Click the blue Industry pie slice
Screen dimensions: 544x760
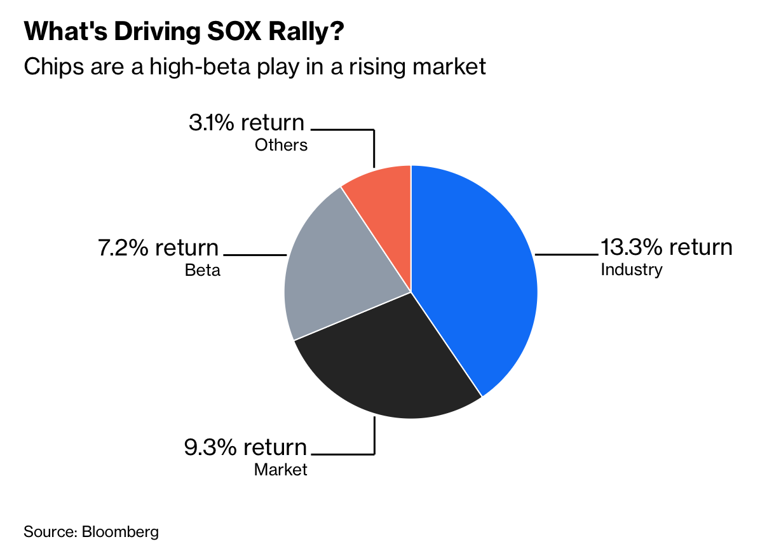click(x=477, y=273)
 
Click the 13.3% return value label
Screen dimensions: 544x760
click(x=667, y=247)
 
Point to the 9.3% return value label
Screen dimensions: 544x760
click(x=245, y=447)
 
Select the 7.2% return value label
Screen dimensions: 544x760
click(x=158, y=247)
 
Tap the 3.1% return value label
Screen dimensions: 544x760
click(x=247, y=123)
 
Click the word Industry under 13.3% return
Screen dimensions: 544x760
click(x=632, y=269)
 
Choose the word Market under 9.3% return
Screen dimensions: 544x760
click(x=281, y=470)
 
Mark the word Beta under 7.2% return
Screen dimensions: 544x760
click(x=203, y=270)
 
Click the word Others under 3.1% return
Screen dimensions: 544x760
click(x=281, y=145)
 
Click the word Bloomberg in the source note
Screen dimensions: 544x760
click(x=120, y=531)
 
